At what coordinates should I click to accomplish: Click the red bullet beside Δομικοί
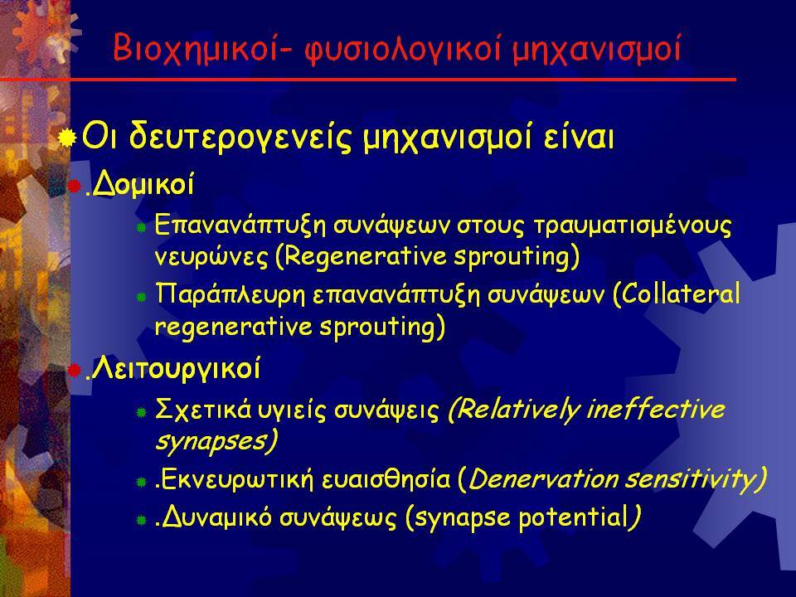(x=74, y=187)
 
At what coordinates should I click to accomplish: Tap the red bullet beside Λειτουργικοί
(x=74, y=370)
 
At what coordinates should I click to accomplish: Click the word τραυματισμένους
(x=633, y=226)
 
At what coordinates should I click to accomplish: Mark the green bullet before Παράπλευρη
(x=142, y=298)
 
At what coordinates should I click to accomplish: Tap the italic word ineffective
(x=655, y=409)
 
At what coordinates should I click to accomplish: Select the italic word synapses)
(x=216, y=440)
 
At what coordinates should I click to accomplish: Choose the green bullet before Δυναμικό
(x=142, y=520)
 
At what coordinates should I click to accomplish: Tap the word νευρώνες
(x=211, y=257)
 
